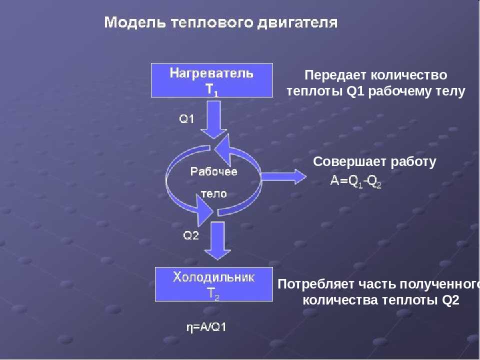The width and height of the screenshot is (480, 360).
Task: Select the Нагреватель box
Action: coord(212,80)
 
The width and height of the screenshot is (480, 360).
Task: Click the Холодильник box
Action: coord(213,284)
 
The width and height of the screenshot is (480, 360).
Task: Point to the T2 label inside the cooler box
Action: coord(213,294)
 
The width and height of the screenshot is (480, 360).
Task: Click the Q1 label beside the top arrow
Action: coord(186,119)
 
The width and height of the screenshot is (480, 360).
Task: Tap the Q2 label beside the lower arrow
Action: coord(190,235)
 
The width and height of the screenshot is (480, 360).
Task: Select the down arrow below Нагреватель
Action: coord(213,119)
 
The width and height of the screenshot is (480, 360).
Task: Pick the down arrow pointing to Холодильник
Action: coord(217,240)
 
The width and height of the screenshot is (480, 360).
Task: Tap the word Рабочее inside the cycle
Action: coord(213,171)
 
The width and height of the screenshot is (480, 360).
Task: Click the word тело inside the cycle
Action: coord(213,193)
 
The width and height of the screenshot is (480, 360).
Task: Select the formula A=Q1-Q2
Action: coord(355,181)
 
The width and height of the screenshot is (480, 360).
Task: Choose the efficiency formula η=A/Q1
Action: coord(206,327)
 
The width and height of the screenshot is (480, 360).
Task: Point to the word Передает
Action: coord(334,75)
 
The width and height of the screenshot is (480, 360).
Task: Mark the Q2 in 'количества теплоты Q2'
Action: coord(450,300)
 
